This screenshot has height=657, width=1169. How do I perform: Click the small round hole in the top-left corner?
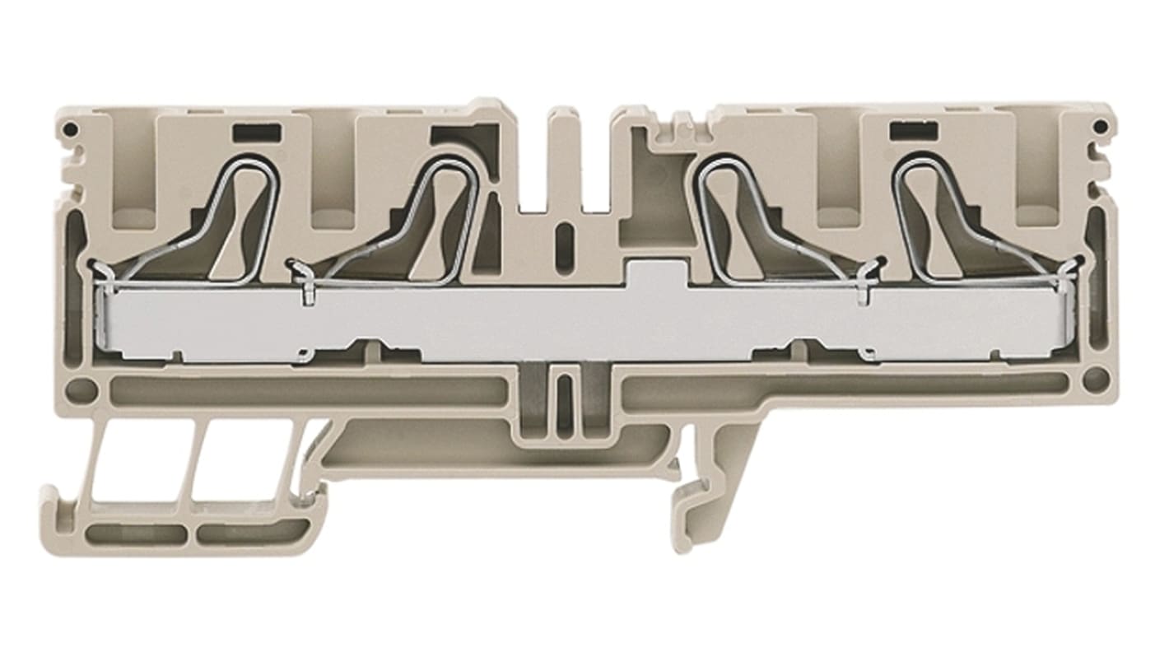pyautogui.click(x=73, y=128)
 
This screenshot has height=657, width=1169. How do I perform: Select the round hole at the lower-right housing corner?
pyautogui.click(x=1094, y=380)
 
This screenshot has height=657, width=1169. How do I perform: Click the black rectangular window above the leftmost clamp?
pyautogui.click(x=257, y=129)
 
